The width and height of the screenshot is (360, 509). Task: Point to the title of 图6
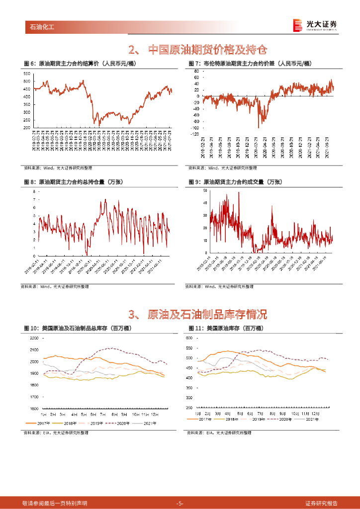pyautogui.click(x=80, y=64)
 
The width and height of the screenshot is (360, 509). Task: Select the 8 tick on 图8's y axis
pyautogui.click(x=34, y=191)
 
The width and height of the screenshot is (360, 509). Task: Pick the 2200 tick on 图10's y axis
pyautogui.click(x=34, y=338)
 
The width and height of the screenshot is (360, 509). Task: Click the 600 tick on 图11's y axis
pyautogui.click(x=189, y=338)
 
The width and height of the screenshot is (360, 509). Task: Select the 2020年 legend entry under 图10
pyautogui.click(x=121, y=424)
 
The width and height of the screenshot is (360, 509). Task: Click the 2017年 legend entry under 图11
pyautogui.click(x=199, y=420)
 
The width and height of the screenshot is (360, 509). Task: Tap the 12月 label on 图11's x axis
pyautogui.click(x=317, y=414)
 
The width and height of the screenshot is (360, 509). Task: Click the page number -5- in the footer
pyautogui.click(x=180, y=503)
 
